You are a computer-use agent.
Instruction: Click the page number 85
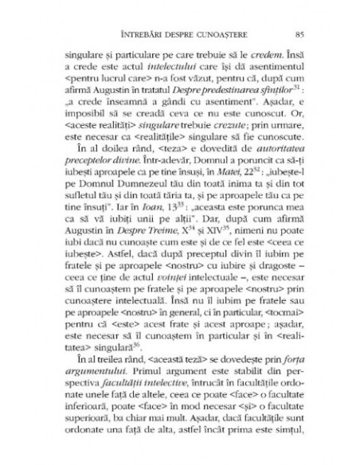tap(297, 33)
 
